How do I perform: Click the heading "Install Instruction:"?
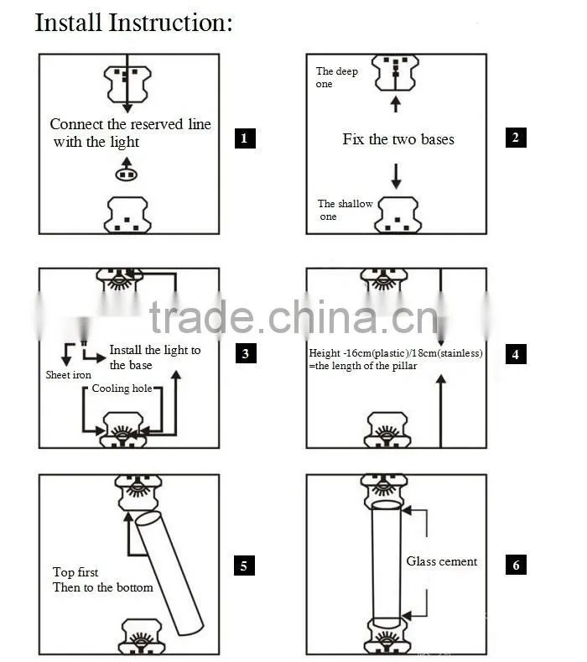tap(133, 23)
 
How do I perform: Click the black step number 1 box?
tap(245, 138)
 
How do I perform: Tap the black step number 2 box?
tap(516, 138)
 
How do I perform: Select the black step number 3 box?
tap(246, 353)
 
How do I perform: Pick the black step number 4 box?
tap(516, 354)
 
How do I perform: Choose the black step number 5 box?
tap(244, 566)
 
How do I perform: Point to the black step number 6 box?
tap(516, 565)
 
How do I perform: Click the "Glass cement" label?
tap(441, 561)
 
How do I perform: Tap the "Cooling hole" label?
tap(122, 388)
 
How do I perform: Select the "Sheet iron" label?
tap(69, 375)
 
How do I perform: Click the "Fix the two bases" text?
tap(398, 139)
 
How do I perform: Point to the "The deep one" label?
tap(336, 77)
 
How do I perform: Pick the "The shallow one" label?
tap(345, 210)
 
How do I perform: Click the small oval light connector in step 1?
tap(127, 174)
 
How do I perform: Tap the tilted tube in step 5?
tap(169, 573)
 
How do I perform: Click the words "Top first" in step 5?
tap(75, 572)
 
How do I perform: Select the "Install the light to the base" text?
tap(154, 357)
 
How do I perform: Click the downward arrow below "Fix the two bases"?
tap(396, 176)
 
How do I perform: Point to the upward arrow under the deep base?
tap(396, 104)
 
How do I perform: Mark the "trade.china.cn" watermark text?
tap(293, 317)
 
